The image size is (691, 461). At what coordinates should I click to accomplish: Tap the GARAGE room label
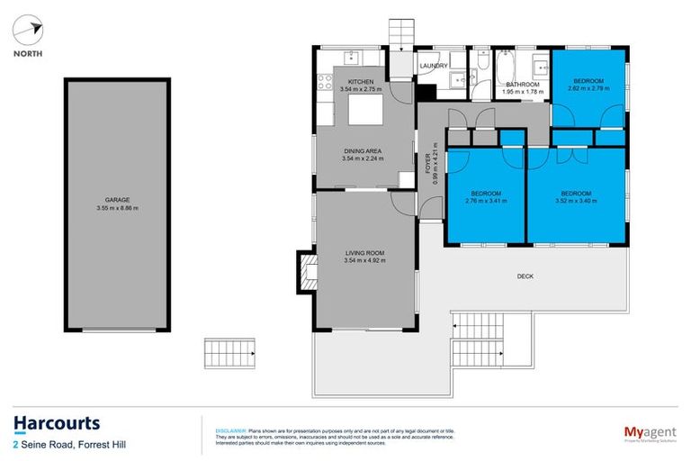coord(117,200)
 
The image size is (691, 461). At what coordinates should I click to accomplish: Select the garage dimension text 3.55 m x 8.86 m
coord(117,208)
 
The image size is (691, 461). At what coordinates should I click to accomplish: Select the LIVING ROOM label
coord(363,253)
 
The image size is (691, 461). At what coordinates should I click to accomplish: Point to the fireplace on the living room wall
coord(307,270)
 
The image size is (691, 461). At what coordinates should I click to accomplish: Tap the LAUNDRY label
coord(434,66)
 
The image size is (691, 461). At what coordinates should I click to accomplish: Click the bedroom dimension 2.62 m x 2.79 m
coord(586,88)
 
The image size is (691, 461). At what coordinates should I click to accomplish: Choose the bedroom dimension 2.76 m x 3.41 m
coord(485,201)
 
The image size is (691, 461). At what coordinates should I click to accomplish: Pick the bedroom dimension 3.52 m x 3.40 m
coord(576,201)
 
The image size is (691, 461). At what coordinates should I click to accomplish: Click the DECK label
coord(525,276)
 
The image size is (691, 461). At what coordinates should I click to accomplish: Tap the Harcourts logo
coord(56,424)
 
